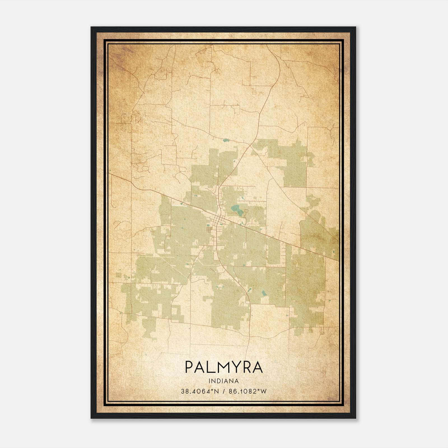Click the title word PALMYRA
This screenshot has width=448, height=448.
[x=224, y=367]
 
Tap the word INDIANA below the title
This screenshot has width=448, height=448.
[x=224, y=381]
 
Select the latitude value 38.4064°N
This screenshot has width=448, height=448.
[x=199, y=391]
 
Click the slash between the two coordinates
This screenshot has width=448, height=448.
[x=223, y=391]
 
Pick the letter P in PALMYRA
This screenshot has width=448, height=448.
[x=190, y=367]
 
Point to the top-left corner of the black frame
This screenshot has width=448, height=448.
[x=92, y=27]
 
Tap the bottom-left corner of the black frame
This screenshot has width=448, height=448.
[x=92, y=418]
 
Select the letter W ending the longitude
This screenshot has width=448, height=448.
[x=263, y=391]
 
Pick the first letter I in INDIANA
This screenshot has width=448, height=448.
[x=210, y=381]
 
